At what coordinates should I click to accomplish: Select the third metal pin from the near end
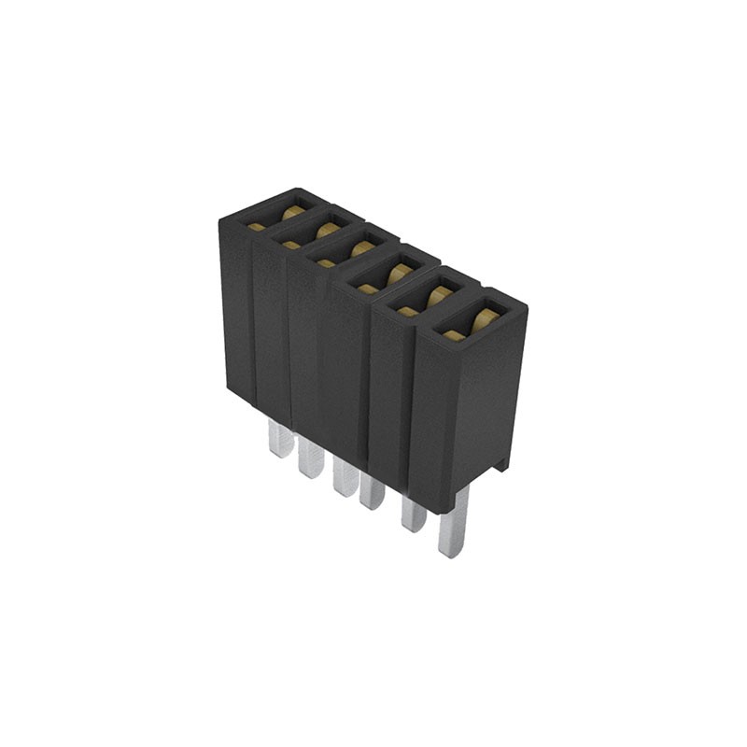click(372, 491)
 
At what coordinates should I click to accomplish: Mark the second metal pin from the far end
click(310, 458)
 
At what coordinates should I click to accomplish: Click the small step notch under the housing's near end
click(501, 462)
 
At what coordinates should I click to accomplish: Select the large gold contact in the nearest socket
click(483, 319)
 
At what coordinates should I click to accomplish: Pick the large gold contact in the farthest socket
click(292, 211)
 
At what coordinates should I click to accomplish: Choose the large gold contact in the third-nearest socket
click(400, 273)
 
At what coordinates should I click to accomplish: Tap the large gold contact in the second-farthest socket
click(326, 228)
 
